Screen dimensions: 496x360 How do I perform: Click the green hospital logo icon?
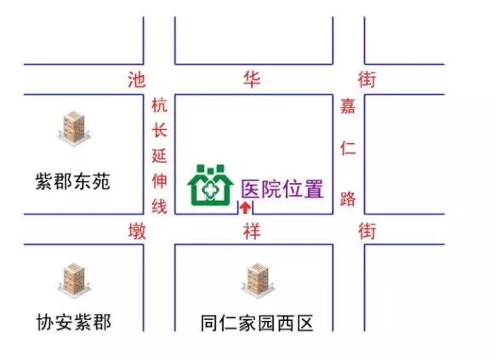coord(210,185)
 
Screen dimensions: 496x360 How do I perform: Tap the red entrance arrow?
coord(246,209)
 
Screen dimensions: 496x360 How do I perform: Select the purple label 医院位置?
coord(282,189)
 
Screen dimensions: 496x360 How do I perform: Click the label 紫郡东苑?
coord(73,181)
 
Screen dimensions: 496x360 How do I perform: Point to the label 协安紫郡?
coord(74,322)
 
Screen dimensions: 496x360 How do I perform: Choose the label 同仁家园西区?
coord(257,323)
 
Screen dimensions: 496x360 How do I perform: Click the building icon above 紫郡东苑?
coord(74,129)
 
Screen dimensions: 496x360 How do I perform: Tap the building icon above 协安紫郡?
coord(74,281)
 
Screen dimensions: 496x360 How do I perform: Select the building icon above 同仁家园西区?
coord(258,281)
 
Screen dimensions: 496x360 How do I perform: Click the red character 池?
coord(137,80)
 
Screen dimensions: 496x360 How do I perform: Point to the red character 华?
coord(252,79)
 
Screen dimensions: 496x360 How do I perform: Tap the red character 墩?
coord(137,231)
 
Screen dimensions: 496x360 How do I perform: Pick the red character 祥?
coord(252,231)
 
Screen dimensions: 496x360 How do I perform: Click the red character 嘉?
coord(348,106)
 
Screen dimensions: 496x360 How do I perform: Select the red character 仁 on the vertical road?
coord(348,148)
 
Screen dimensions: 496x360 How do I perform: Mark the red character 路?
coord(348,198)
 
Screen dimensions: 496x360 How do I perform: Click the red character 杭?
coord(159,105)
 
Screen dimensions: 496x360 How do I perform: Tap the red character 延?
coord(159,156)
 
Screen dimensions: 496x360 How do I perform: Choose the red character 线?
coord(159,206)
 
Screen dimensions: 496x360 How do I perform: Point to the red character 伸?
coord(159,180)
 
